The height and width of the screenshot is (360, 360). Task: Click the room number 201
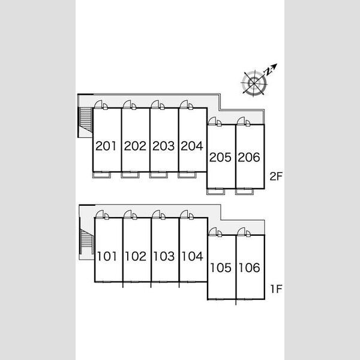tap(106, 146)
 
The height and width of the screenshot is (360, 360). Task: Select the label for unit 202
tap(135, 146)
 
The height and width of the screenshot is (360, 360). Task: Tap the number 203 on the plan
tap(163, 146)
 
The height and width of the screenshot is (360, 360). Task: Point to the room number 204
tap(192, 146)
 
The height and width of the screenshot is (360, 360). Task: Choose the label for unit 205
tap(220, 157)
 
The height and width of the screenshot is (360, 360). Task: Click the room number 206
tap(249, 157)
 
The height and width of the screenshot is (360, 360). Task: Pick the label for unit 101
tap(107, 256)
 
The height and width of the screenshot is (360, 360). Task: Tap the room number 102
tap(136, 256)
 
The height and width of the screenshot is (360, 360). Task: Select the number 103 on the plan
tap(164, 256)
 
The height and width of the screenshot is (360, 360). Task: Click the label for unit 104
tap(193, 256)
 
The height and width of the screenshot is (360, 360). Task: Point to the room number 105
tap(221, 268)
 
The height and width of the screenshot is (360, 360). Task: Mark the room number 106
tap(250, 268)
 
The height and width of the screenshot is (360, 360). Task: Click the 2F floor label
tap(276, 176)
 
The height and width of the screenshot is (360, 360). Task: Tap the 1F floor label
tap(276, 289)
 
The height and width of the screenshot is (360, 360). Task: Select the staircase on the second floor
tap(86, 120)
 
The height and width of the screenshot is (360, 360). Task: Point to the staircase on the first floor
tap(87, 242)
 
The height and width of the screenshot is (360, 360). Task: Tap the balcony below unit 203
tap(158, 175)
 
